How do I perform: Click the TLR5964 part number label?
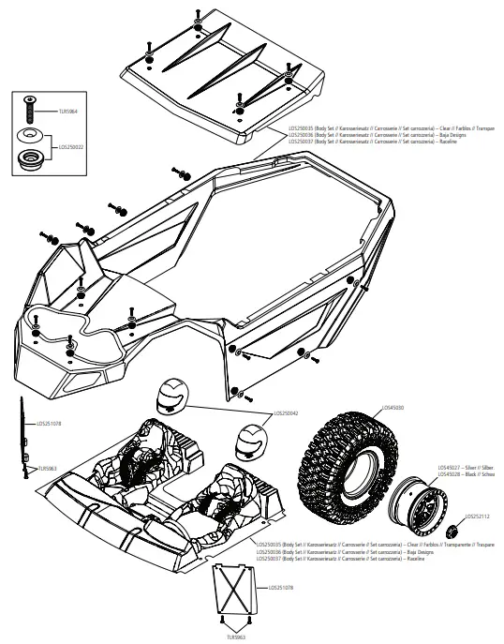[69, 110]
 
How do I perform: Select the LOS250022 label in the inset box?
[70, 146]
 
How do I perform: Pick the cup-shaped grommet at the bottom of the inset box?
[30, 156]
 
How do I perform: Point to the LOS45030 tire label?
[394, 408]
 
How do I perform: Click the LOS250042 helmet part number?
[287, 412]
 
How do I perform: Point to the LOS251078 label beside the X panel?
[281, 588]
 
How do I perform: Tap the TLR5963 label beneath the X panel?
[240, 637]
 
